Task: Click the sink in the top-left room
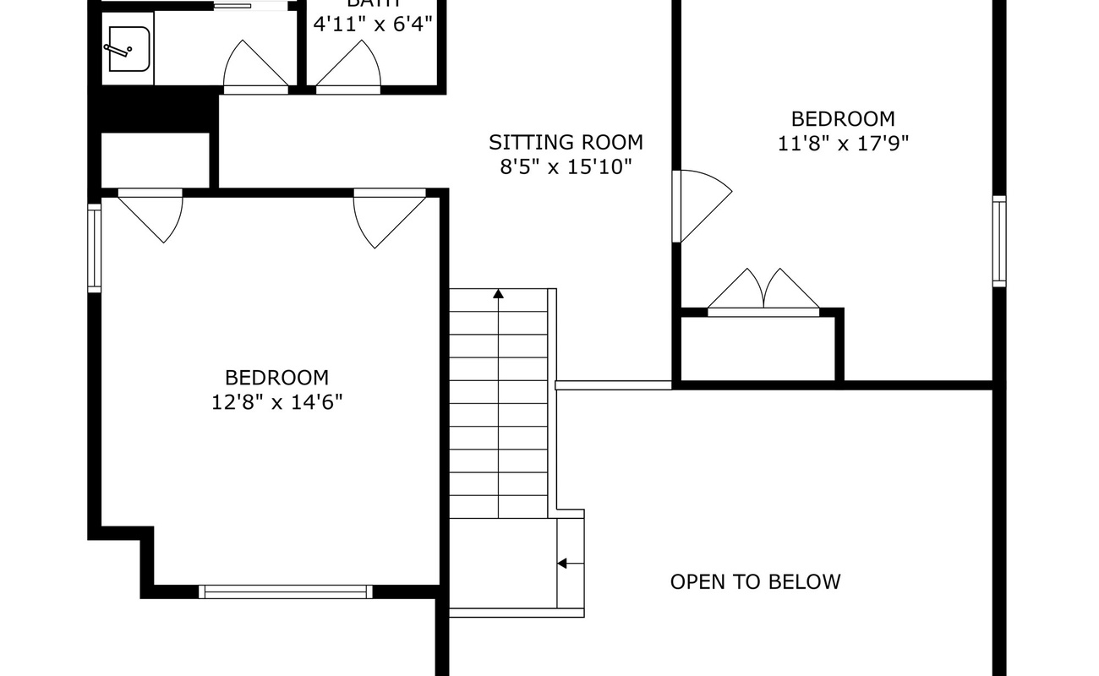127,49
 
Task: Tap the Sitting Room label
566,142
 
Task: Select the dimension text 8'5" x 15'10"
566,166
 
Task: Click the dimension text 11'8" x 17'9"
843,143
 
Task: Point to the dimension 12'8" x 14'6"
276,401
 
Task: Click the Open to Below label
755,581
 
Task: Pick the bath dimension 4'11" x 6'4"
373,24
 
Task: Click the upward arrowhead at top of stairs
498,294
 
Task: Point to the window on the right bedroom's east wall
999,241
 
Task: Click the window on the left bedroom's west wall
95,248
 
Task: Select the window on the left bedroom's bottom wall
286,591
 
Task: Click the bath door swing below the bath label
349,67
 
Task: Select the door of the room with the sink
255,67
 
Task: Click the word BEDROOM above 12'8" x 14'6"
276,377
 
